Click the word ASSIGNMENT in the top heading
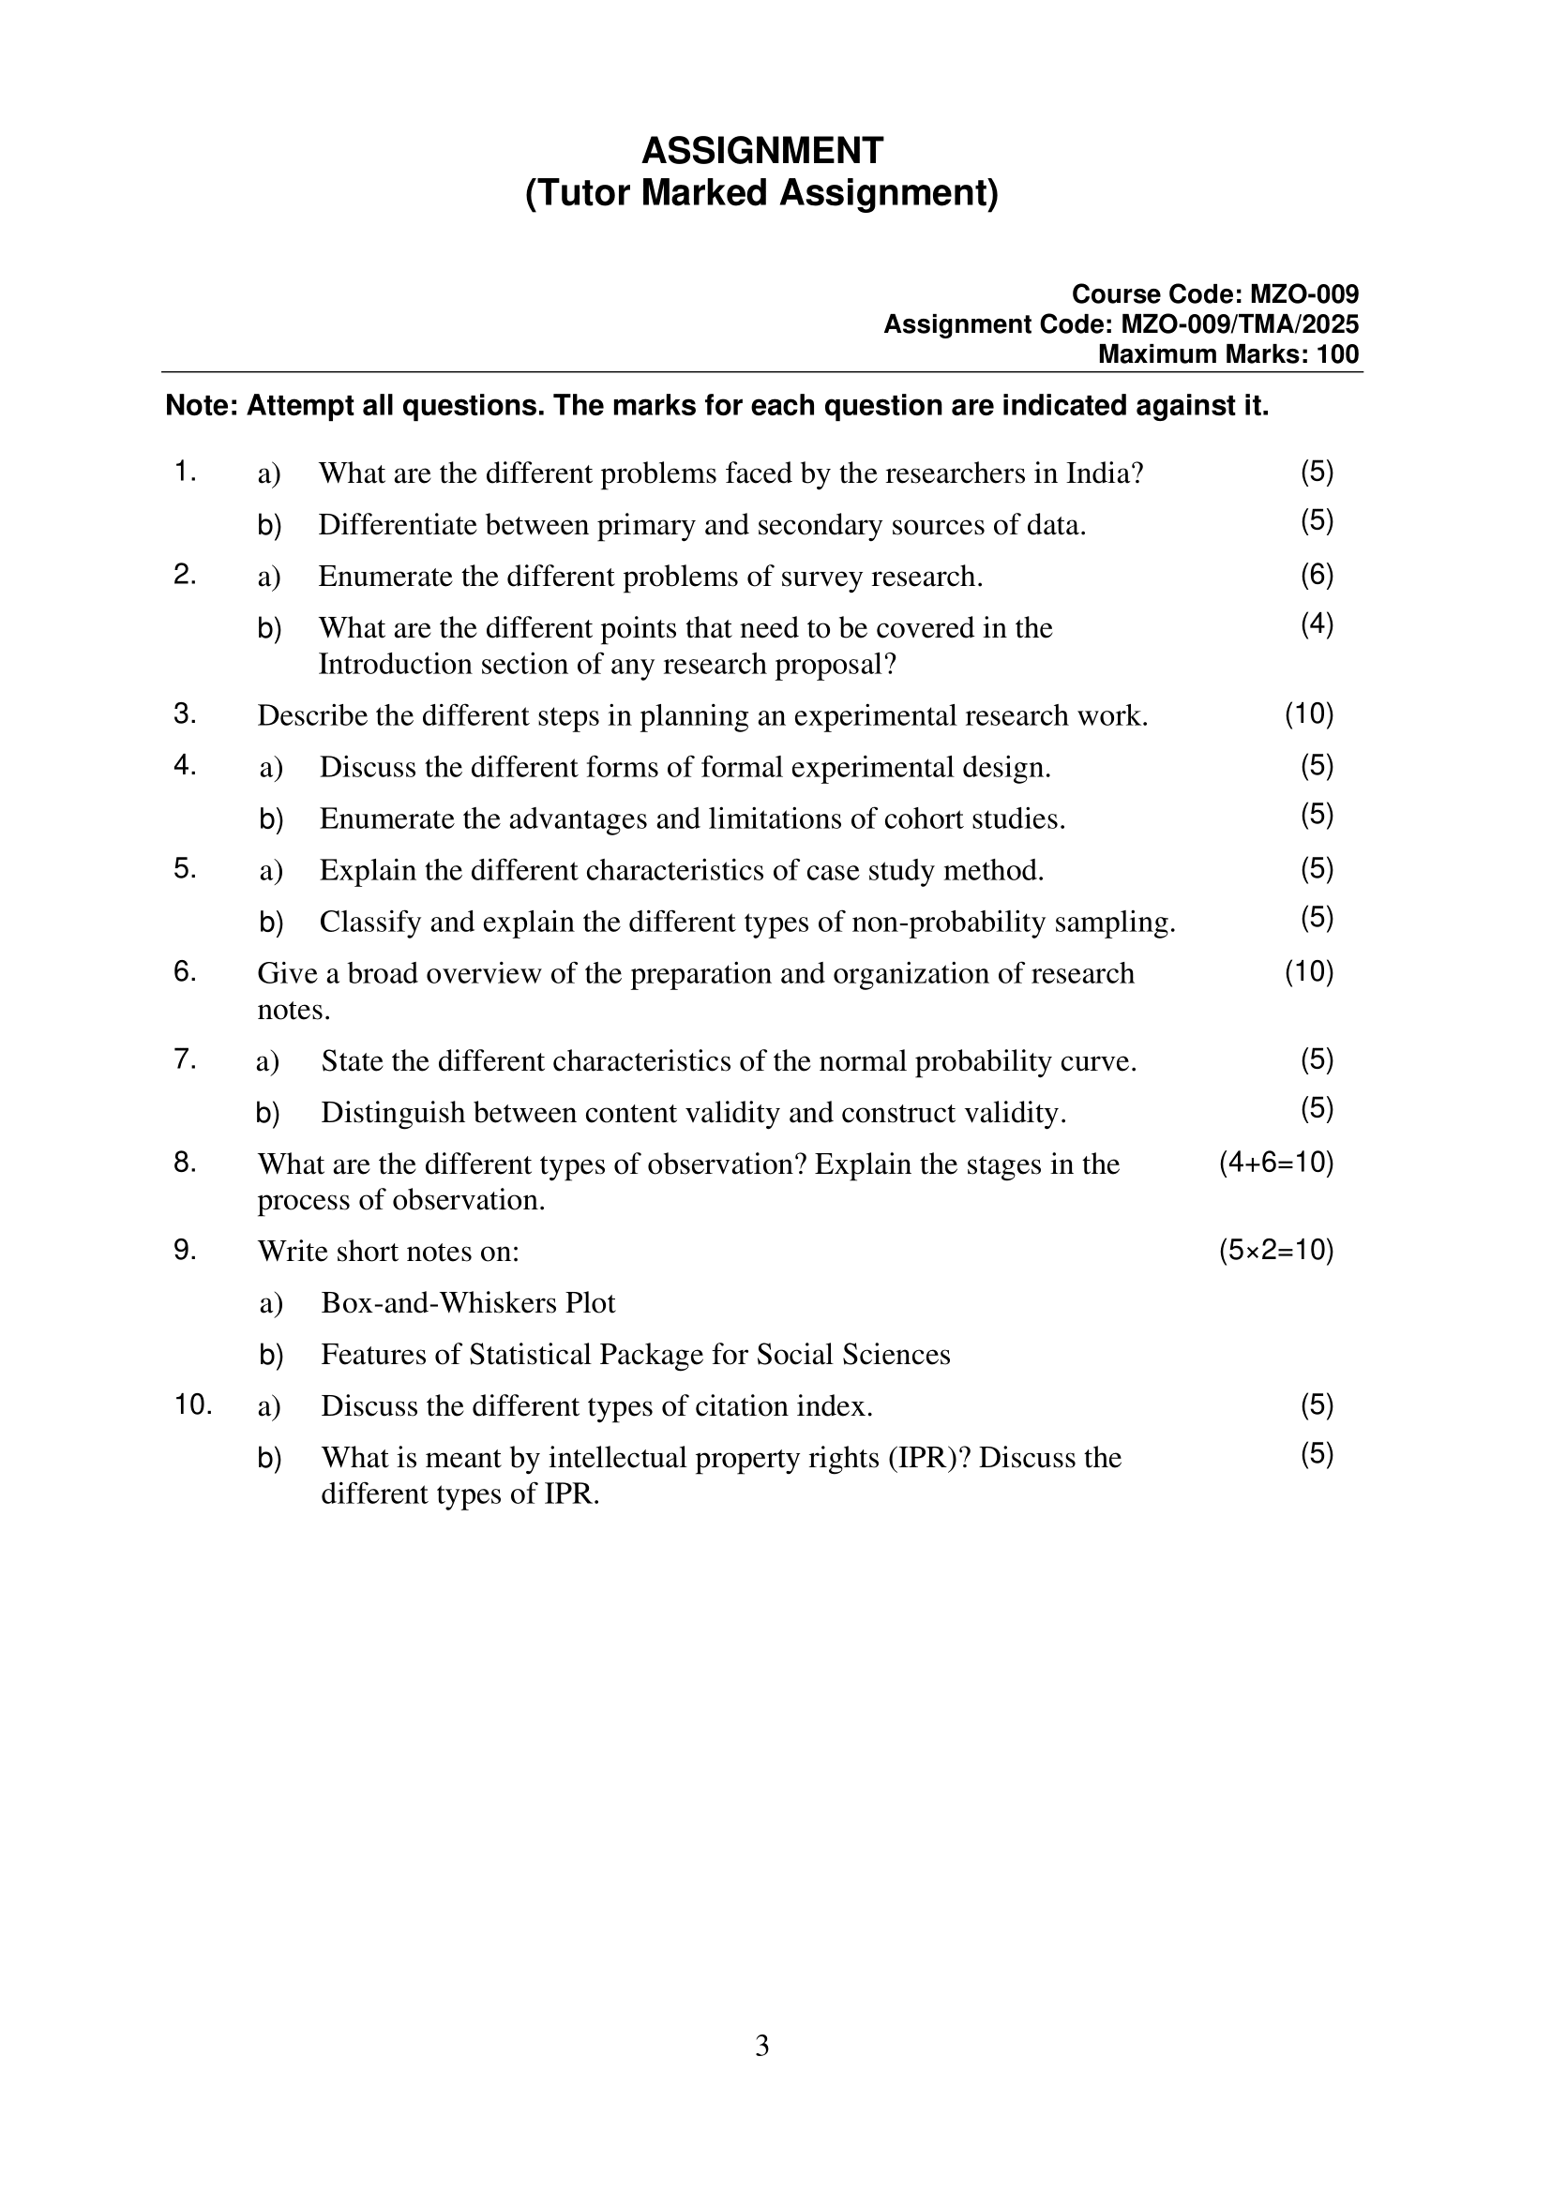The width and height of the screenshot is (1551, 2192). tap(762, 151)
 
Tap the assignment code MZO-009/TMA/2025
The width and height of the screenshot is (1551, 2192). tap(1239, 324)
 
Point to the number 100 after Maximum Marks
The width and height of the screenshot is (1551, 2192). tap(1337, 354)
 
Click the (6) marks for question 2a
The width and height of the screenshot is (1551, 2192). tap(1316, 575)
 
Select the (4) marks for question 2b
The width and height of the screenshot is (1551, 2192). tap(1316, 624)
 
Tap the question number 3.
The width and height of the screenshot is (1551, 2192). tap(185, 714)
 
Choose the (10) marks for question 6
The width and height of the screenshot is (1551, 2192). tap(1308, 972)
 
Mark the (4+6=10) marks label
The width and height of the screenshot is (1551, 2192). tap(1276, 1163)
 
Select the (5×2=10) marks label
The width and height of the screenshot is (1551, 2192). tap(1276, 1251)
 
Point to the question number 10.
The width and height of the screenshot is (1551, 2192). tap(192, 1405)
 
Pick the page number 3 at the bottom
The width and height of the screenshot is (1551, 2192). tap(761, 2046)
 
